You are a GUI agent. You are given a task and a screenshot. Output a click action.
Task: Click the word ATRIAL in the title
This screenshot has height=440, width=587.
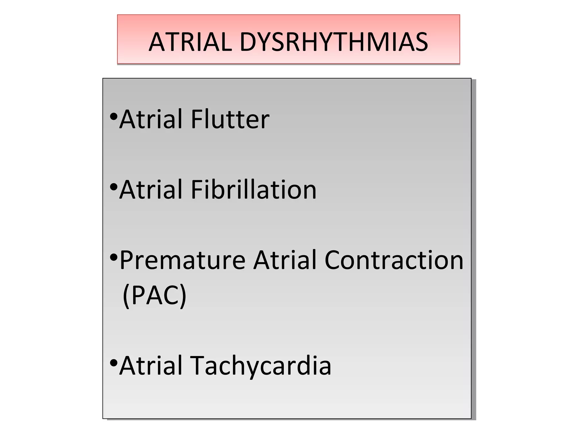point(190,42)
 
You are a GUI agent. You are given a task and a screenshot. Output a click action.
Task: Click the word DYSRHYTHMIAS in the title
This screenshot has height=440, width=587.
point(334,42)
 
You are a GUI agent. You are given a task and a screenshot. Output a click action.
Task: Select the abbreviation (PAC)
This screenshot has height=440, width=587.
point(154,295)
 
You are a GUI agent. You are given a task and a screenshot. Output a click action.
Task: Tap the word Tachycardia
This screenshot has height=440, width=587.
point(261,366)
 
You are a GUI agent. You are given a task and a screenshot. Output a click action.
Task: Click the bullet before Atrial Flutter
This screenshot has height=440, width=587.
point(114,117)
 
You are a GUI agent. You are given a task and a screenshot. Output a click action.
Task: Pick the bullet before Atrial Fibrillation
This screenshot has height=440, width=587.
point(114,187)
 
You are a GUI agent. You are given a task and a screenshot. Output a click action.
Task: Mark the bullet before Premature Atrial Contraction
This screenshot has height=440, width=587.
point(114,258)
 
